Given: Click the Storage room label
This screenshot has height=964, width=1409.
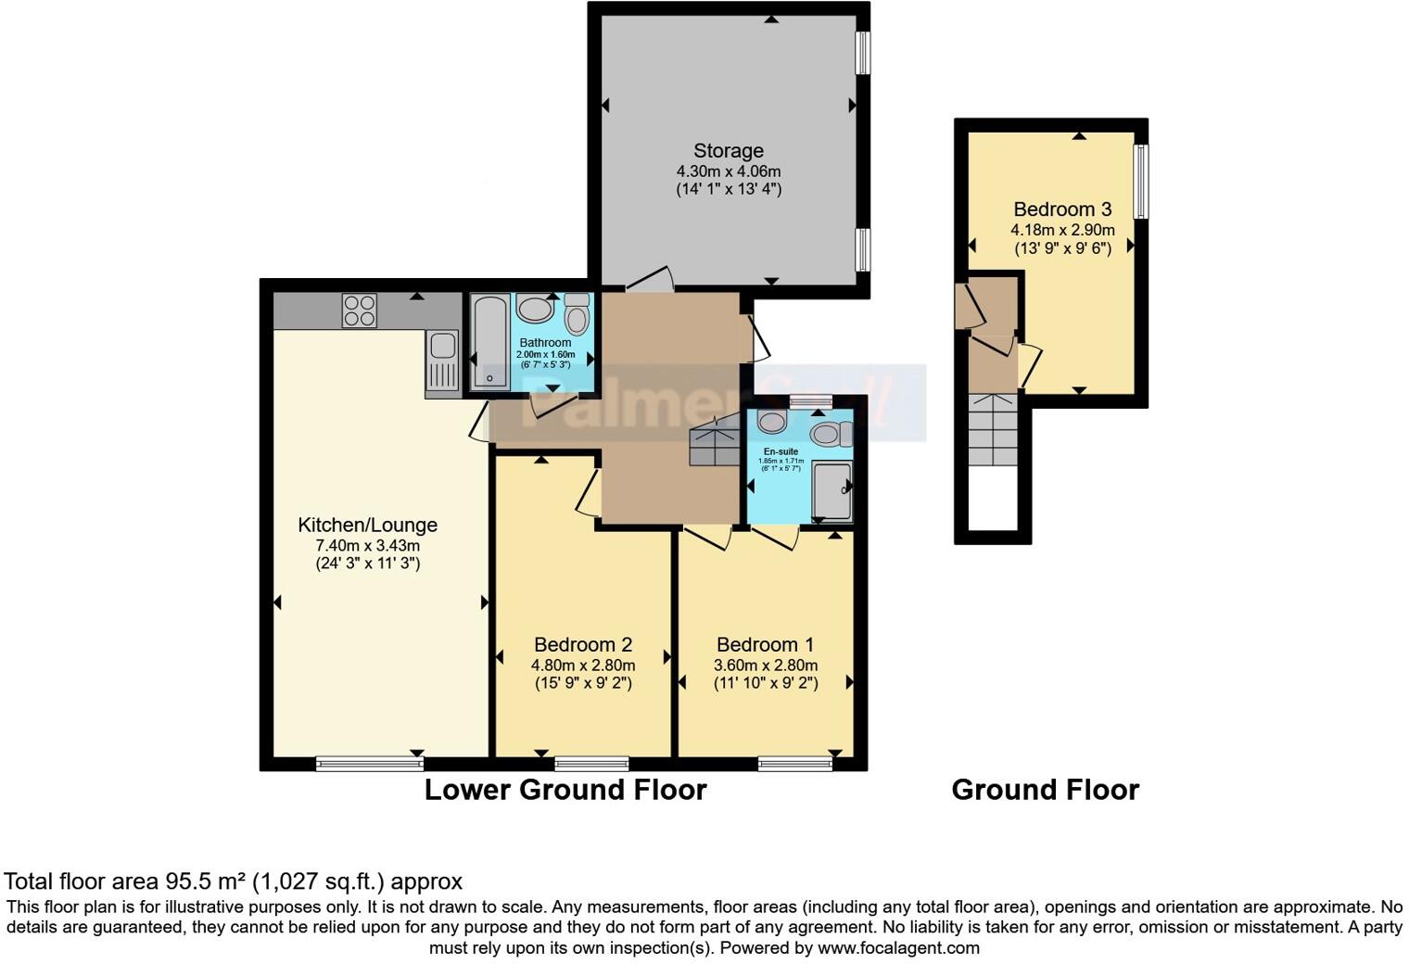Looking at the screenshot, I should point(729,151).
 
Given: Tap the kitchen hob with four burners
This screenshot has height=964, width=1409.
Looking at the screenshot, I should point(360,311).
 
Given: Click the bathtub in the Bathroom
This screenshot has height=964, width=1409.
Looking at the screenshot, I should point(489,341).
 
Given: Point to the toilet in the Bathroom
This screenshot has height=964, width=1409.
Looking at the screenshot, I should point(577,314).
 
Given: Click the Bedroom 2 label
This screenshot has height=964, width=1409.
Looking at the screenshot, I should point(582,644).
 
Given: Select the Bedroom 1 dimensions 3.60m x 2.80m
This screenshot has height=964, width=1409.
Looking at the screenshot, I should point(766,666).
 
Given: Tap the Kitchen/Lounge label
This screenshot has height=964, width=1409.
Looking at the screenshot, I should point(367,525).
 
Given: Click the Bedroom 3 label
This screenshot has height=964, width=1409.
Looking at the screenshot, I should point(1062,209).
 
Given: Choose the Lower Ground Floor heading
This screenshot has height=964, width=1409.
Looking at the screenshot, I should point(565,790).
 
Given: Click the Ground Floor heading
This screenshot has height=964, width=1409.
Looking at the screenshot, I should point(1045,790).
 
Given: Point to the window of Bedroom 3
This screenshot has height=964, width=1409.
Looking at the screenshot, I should point(1141,182).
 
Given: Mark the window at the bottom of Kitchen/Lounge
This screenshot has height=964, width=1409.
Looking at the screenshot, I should point(369,764).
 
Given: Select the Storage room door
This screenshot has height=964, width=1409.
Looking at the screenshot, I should point(649,278).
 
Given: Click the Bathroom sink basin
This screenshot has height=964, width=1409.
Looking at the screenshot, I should point(534,308).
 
